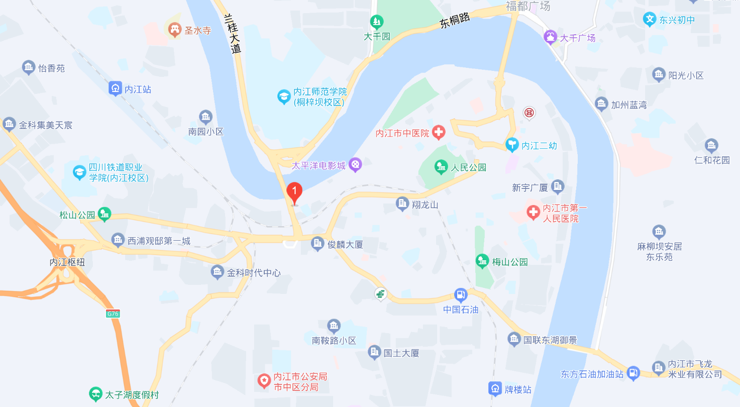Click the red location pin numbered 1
pyautogui.click(x=294, y=192)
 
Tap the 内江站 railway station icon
pyautogui.click(x=116, y=89)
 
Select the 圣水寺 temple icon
pyautogui.click(x=175, y=30)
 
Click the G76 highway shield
pyautogui.click(x=113, y=314)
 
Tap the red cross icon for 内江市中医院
pyautogui.click(x=439, y=133)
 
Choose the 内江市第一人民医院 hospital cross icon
pyautogui.click(x=533, y=213)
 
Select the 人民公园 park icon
pyautogui.click(x=441, y=166)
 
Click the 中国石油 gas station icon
pyautogui.click(x=460, y=295)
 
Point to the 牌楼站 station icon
pyautogui.click(x=495, y=388)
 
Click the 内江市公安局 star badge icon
pyautogui.click(x=264, y=381)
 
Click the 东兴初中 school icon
pyautogui.click(x=650, y=20)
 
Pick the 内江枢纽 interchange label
pyautogui.click(x=67, y=262)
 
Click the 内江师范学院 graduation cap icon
pyautogui.click(x=284, y=96)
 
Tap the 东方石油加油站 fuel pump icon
pyautogui.click(x=633, y=373)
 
